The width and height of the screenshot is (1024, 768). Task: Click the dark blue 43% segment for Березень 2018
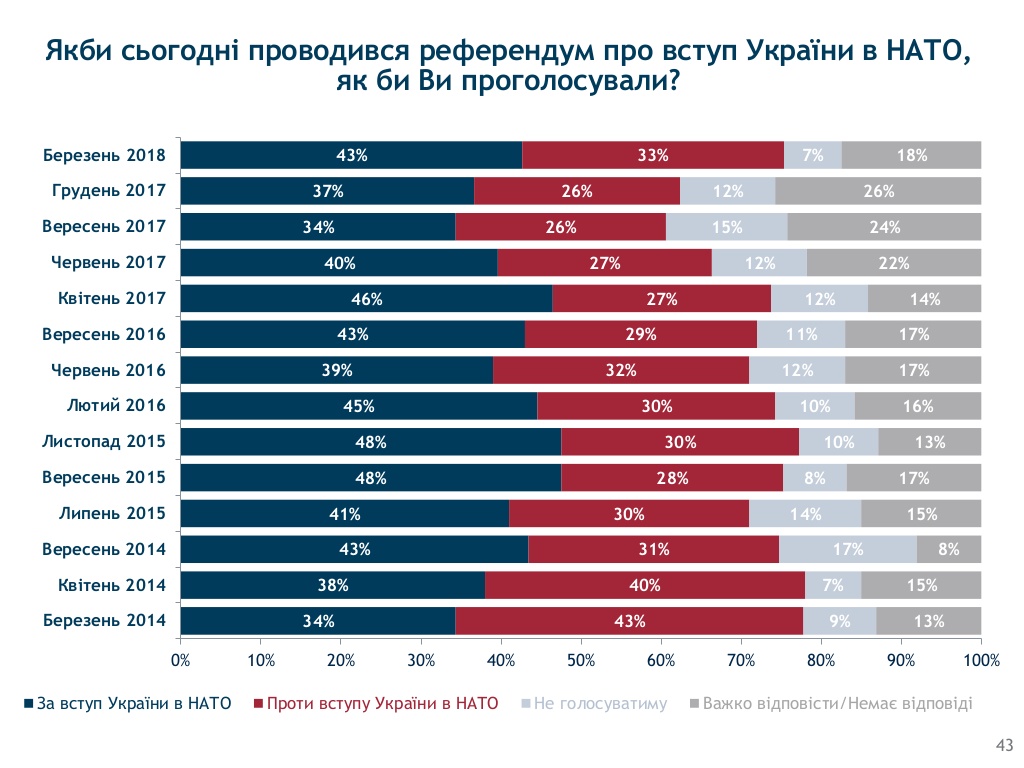(351, 155)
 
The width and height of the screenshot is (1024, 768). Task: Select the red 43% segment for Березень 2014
(629, 621)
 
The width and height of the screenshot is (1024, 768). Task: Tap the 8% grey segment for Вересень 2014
(949, 549)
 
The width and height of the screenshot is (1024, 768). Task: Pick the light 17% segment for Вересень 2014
(848, 549)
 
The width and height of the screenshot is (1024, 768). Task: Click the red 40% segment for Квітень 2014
(645, 585)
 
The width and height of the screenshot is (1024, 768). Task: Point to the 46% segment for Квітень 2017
(366, 298)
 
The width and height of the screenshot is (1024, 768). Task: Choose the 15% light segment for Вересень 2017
(726, 227)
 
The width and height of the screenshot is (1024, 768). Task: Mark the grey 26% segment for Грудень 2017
(878, 191)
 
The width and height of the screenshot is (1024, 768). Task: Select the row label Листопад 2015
(104, 441)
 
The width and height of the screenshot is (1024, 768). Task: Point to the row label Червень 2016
(108, 370)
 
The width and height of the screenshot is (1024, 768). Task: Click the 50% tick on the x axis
(581, 660)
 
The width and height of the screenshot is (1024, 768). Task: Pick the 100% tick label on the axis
(981, 660)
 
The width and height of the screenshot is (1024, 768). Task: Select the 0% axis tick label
(181, 660)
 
